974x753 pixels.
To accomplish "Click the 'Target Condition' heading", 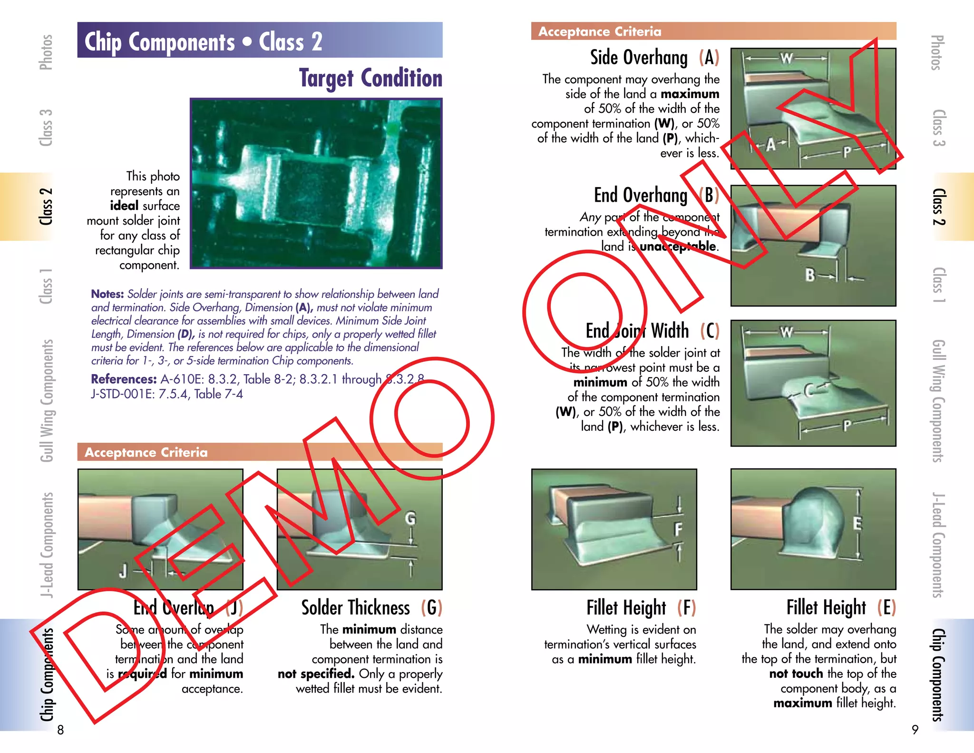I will coord(370,78).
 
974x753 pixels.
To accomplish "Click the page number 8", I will coord(60,730).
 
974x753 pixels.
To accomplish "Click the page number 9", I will coord(915,730).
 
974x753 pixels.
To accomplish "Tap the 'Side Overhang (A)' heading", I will coord(654,58).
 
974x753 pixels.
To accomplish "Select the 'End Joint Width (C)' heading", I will coord(652,330).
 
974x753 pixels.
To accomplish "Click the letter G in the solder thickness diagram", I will coord(410,518).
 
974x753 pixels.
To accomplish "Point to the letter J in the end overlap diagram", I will coord(123,570).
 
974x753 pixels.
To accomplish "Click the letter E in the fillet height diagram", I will coord(857,524).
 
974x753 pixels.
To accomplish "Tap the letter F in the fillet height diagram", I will coord(678,529).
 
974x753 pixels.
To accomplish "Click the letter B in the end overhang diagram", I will coord(810,275).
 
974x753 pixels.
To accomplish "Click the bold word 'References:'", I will coord(124,379).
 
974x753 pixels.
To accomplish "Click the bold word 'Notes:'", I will coord(107,294).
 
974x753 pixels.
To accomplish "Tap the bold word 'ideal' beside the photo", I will coord(124,206).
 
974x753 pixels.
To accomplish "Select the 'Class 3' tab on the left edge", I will coord(46,128).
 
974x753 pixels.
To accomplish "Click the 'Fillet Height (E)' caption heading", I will coord(841,608).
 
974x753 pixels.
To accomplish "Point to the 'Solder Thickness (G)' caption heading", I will coord(371,608).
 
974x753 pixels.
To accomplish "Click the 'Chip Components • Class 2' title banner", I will coord(260,41).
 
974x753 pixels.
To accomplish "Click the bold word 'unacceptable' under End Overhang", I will coord(678,247).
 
